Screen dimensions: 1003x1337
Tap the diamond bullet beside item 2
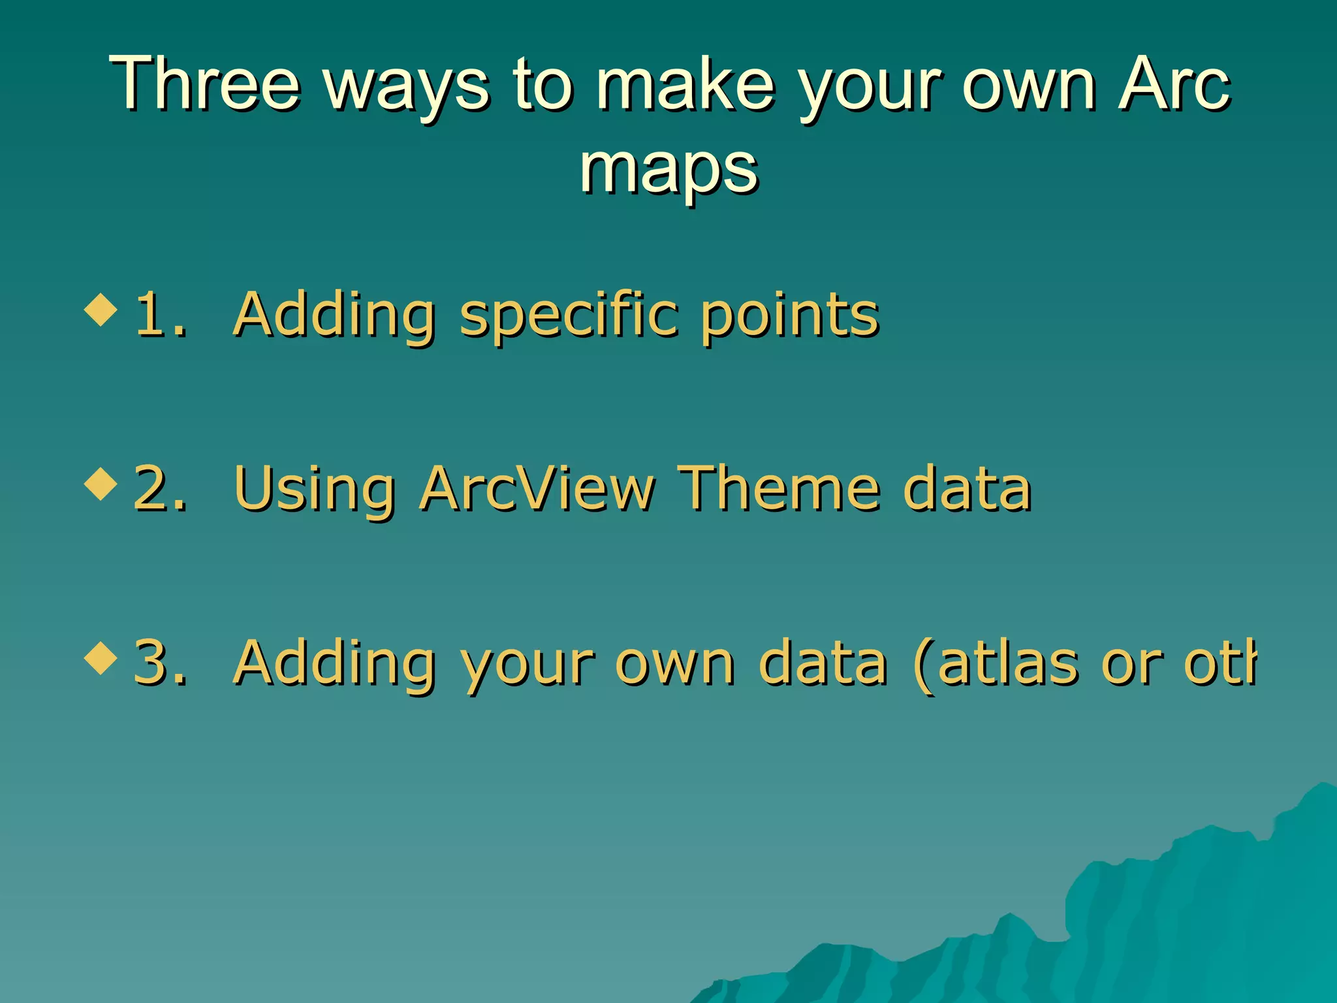click(101, 484)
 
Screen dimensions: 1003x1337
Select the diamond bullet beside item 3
click(101, 658)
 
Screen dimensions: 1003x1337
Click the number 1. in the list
click(160, 315)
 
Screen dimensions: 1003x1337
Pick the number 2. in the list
click(160, 489)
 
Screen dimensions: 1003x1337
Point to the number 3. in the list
click(160, 663)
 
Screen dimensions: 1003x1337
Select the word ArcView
click(537, 489)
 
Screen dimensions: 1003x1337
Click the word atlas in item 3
click(1009, 663)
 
